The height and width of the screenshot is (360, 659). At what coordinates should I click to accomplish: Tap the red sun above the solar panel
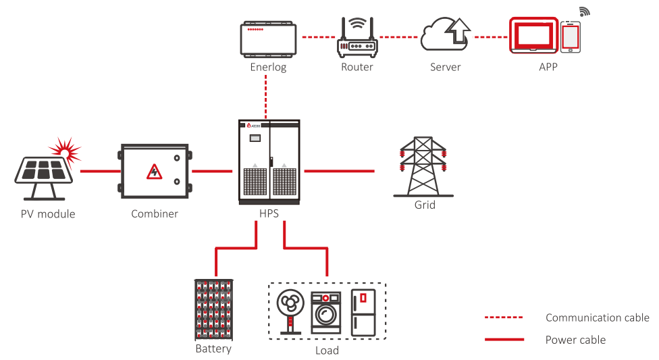click(x=65, y=149)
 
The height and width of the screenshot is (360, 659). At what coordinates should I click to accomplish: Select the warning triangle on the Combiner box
click(x=155, y=171)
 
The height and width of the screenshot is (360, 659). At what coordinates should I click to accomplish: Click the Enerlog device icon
click(x=269, y=38)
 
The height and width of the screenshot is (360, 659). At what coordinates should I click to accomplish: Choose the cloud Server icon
click(x=445, y=35)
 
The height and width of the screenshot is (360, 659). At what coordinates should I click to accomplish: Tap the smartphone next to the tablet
click(x=571, y=36)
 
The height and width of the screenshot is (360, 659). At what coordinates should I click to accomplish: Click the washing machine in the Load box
click(x=326, y=312)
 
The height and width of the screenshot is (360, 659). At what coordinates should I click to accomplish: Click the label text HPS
click(x=268, y=213)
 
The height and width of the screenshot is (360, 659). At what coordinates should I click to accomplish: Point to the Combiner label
click(x=155, y=213)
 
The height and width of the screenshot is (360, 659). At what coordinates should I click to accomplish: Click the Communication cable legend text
click(x=597, y=317)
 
